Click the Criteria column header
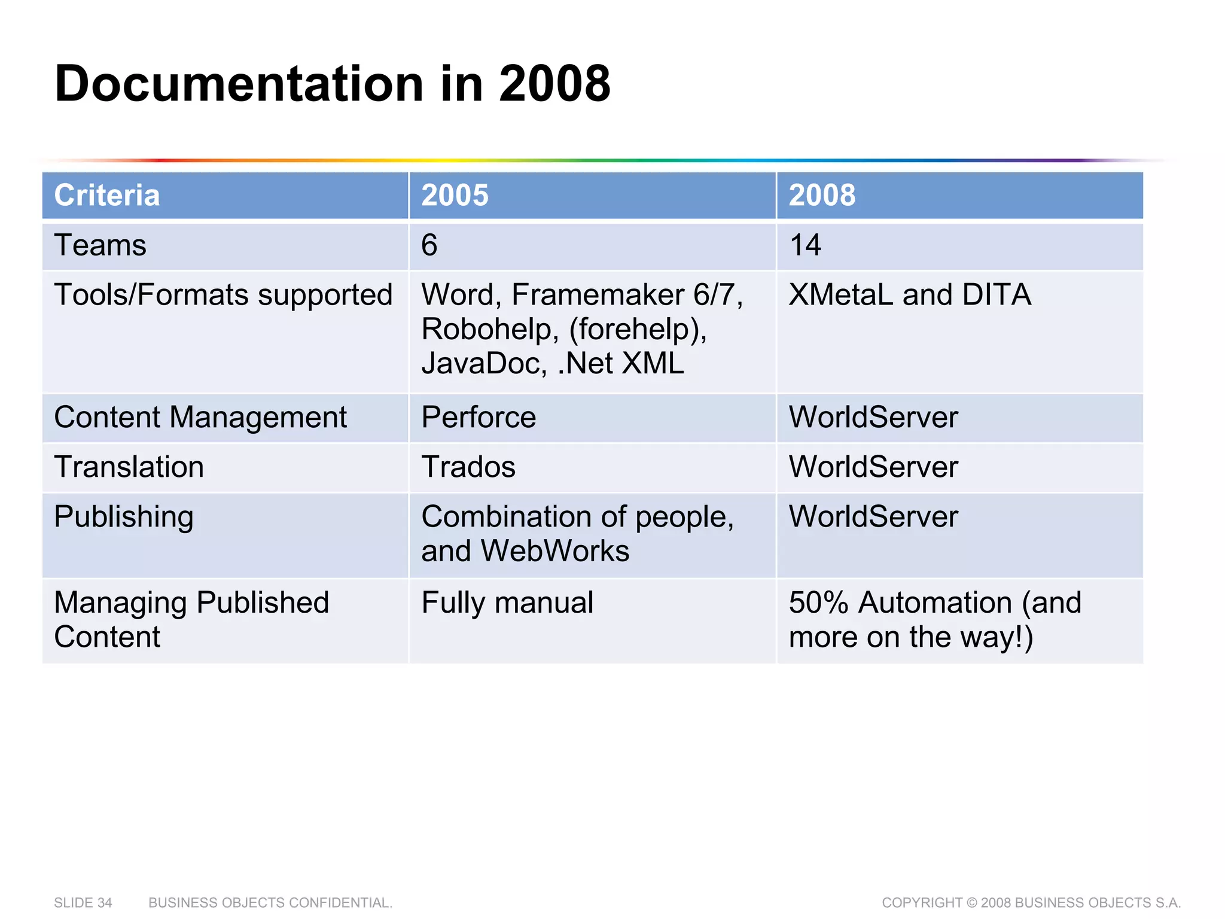click(107, 195)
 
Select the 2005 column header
click(455, 195)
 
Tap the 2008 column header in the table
click(822, 195)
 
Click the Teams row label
click(100, 245)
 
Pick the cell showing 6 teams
click(429, 245)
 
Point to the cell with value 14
click(805, 245)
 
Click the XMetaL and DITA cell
click(909, 295)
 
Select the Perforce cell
click(479, 417)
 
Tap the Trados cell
click(468, 467)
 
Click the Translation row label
click(129, 467)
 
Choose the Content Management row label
click(200, 417)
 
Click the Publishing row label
click(123, 516)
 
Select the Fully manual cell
click(507, 602)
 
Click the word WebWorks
click(554, 551)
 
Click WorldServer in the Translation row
click(873, 467)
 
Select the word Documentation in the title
click(239, 84)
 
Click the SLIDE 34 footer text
click(83, 902)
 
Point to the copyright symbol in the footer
click(972, 902)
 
